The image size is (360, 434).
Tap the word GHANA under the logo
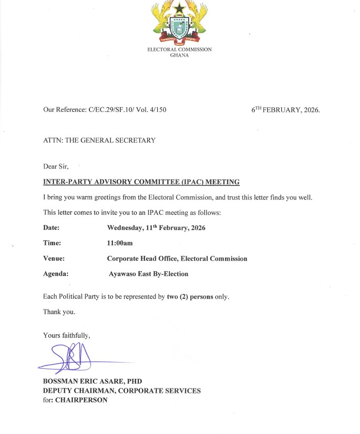(180, 55)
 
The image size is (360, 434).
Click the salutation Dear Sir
(56, 167)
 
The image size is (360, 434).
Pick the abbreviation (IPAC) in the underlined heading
(188, 182)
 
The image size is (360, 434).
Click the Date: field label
(52, 228)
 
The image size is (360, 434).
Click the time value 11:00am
(120, 243)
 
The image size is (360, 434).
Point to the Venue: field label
(54, 259)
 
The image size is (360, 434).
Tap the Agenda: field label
(56, 274)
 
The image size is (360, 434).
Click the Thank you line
(59, 312)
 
